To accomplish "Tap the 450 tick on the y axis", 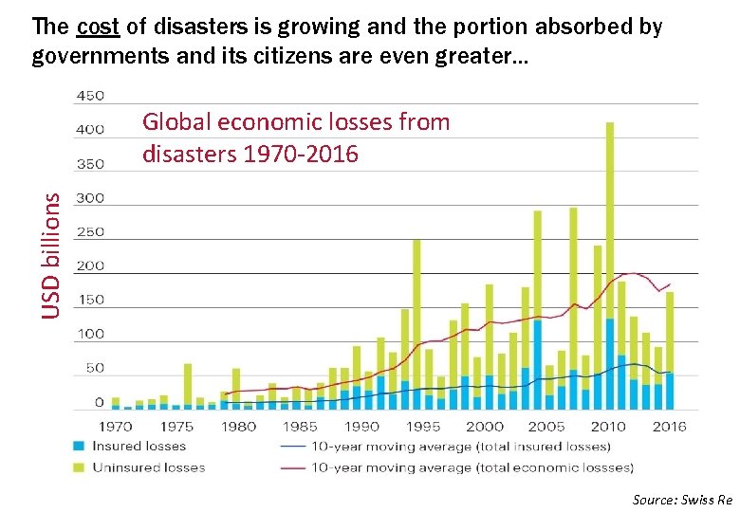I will (x=90, y=96).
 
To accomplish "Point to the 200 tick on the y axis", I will (x=90, y=266).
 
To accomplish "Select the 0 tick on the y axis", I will (x=98, y=403).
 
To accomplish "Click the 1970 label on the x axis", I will (x=115, y=427).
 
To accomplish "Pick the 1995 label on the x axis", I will (x=422, y=427).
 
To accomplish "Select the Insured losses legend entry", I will (x=139, y=447).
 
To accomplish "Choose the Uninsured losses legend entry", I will (x=148, y=467).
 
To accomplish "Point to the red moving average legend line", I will (x=295, y=467).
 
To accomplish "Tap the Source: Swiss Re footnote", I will (x=682, y=499).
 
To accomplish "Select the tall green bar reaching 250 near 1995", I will (x=416, y=313).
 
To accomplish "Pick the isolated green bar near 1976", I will (x=188, y=384).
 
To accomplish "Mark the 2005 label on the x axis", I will (x=546, y=427).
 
